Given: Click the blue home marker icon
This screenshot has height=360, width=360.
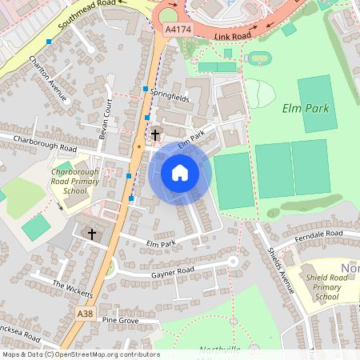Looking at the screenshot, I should click(180, 173).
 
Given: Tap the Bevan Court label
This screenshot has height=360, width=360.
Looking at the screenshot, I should click(105, 118).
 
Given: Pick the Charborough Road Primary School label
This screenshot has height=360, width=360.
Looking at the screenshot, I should click(69, 181).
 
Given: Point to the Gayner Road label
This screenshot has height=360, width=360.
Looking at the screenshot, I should click(173, 273).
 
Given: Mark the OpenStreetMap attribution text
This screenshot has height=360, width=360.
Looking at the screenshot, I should click(80, 354).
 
